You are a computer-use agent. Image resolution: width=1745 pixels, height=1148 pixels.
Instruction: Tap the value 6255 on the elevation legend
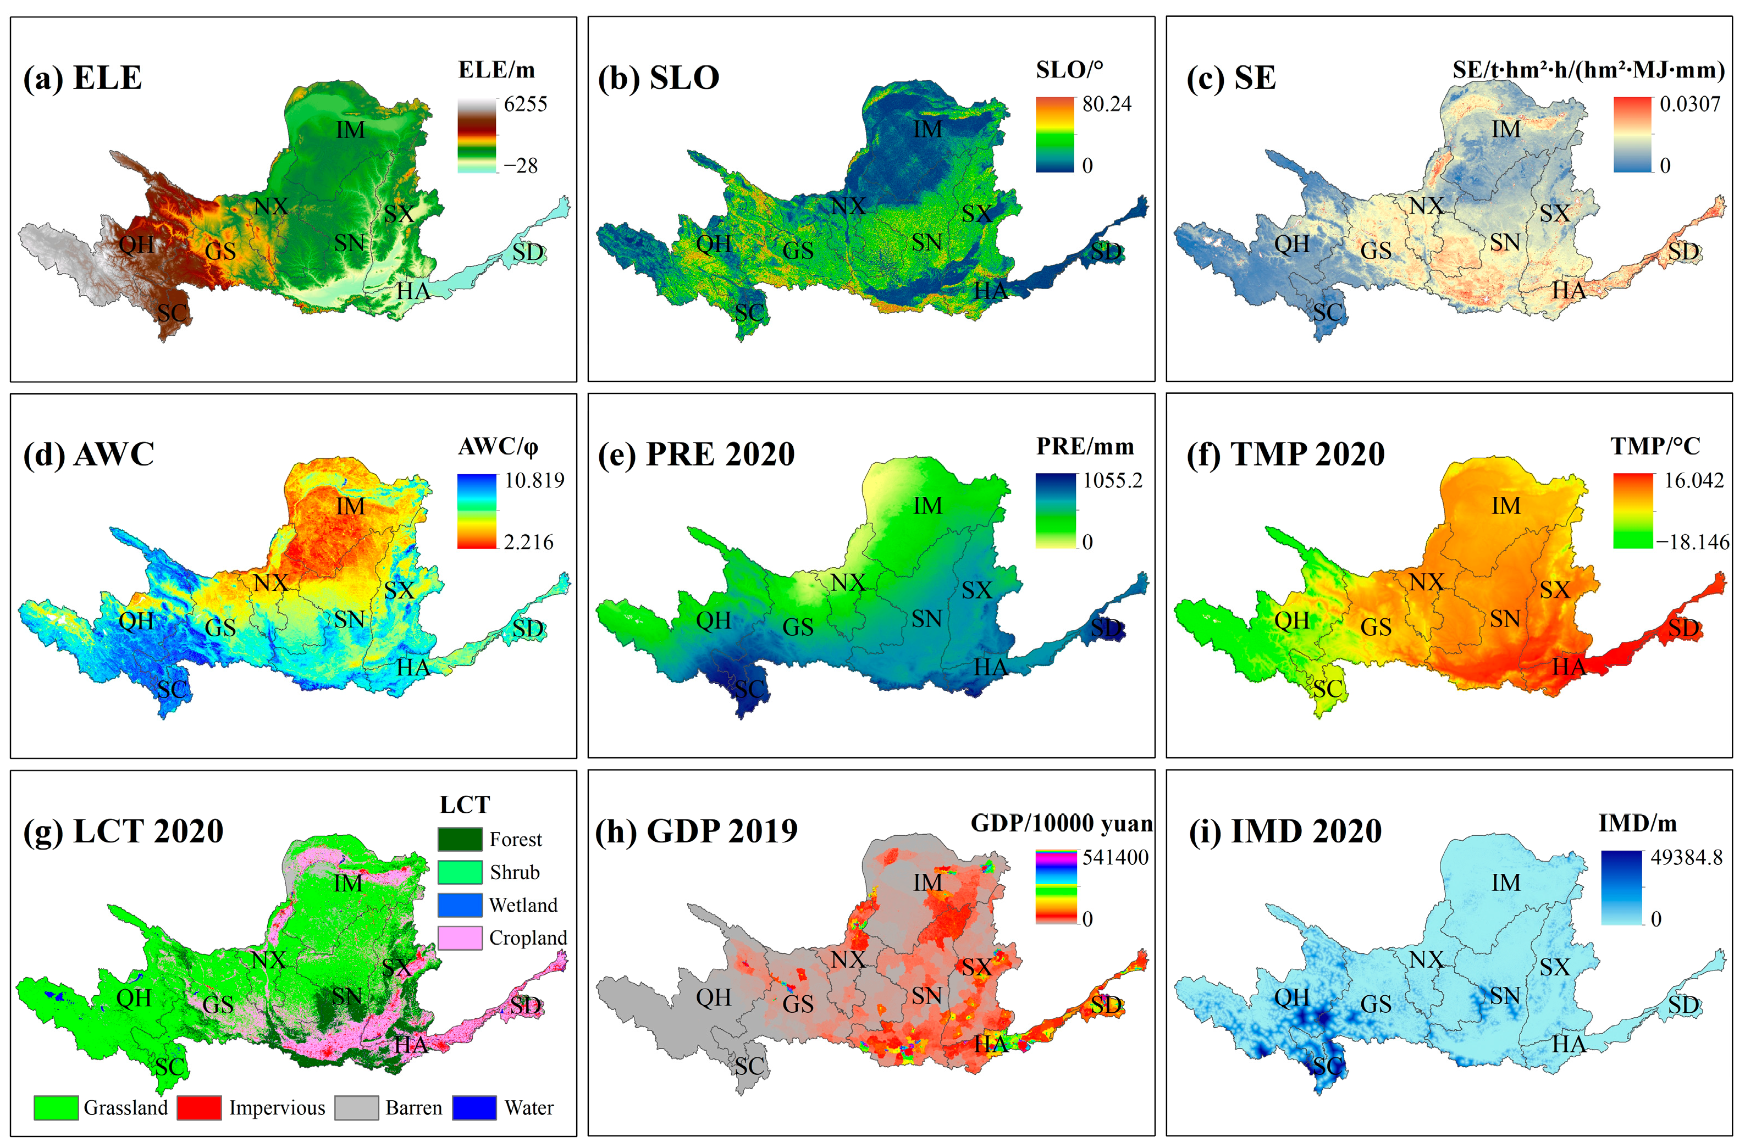coord(525,104)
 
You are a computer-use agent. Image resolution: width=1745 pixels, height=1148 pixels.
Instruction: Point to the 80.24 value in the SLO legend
coord(1106,104)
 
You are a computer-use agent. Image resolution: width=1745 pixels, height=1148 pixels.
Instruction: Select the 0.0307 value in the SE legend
coord(1690,104)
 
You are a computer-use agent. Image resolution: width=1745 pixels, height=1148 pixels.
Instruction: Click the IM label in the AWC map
coord(350,506)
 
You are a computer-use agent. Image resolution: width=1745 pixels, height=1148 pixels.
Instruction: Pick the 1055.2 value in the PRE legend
coord(1112,481)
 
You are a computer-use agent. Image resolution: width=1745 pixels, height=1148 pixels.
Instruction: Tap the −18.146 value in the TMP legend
coord(1692,542)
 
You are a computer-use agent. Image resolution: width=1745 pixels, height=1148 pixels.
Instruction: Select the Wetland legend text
coord(523,905)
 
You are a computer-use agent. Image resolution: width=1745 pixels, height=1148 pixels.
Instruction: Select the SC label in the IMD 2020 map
coord(1327,1065)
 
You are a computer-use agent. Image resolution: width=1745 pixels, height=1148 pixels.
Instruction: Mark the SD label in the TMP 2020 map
coord(1683,628)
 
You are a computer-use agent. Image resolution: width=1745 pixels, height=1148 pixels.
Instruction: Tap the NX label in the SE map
coord(1426,206)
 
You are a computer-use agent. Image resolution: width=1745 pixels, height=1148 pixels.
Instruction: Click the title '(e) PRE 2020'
coord(696,454)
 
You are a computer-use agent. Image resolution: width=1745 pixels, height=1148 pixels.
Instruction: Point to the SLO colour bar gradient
coord(1054,135)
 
